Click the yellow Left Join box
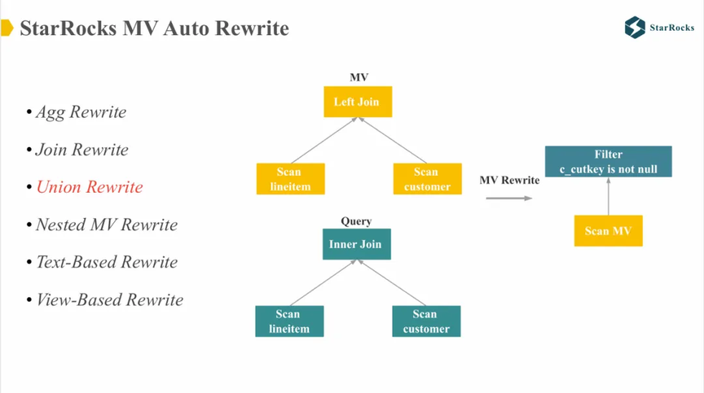click(358, 102)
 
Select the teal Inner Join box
click(357, 244)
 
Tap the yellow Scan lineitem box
click(291, 179)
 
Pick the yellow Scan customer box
click(428, 179)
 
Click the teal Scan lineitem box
click(289, 321)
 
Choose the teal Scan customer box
click(426, 321)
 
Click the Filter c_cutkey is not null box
click(609, 161)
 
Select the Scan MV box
click(609, 231)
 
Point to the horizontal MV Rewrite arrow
click(509, 198)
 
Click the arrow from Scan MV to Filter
click(609, 196)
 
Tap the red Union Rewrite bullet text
click(90, 187)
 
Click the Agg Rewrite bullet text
click(81, 112)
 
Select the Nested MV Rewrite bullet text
click(107, 225)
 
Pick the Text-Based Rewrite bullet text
click(107, 262)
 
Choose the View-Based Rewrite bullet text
click(109, 299)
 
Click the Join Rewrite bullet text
click(82, 150)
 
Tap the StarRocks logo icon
click(635, 28)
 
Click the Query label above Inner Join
click(356, 221)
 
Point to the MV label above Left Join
click(359, 77)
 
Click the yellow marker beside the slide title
click(7, 28)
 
